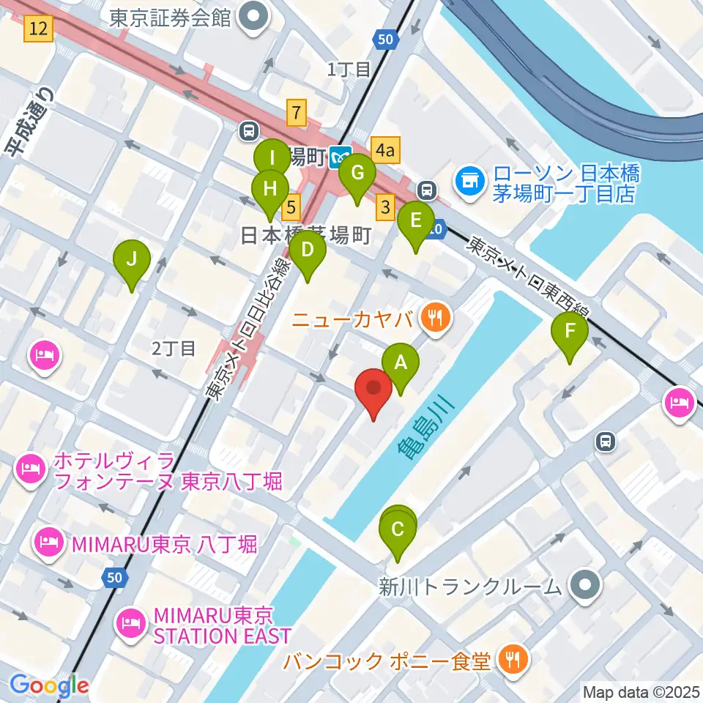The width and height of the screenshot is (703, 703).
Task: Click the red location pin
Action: (x=374, y=389)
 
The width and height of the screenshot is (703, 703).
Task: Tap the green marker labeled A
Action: (x=401, y=363)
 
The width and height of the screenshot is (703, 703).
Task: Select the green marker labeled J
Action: (x=132, y=261)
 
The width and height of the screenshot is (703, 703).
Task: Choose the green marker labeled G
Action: (x=357, y=175)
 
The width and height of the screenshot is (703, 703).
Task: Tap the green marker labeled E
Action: (x=415, y=222)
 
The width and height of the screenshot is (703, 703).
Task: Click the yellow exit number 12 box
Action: (x=39, y=29)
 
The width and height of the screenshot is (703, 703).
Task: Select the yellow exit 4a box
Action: (x=385, y=151)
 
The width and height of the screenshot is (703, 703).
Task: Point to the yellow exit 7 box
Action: (x=297, y=113)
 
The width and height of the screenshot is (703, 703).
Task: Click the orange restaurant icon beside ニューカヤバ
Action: (x=437, y=317)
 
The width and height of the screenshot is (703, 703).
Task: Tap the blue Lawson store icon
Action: (x=469, y=182)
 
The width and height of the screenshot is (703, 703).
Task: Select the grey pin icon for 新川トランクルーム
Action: (x=586, y=584)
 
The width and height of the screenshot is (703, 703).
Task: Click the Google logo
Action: (x=49, y=685)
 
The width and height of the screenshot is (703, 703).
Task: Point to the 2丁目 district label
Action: (x=174, y=349)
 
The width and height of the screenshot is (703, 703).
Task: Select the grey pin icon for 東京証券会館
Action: (x=256, y=18)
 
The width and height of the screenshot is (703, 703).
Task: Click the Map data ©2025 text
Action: (x=640, y=691)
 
